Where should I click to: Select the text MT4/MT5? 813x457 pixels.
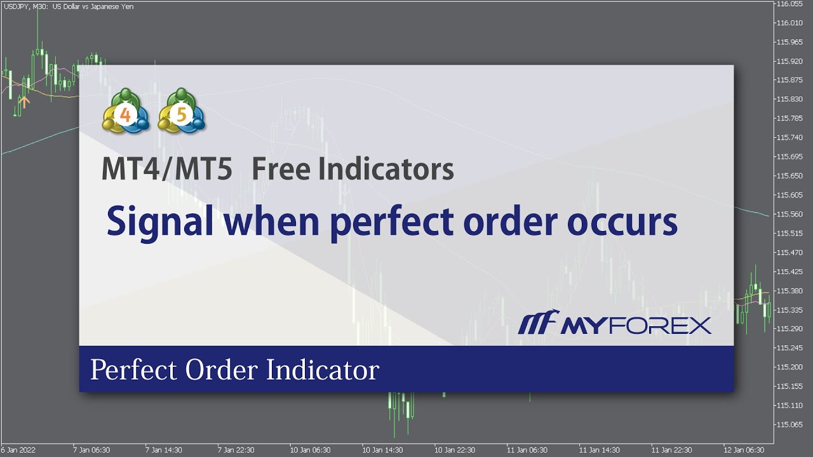pos(167,169)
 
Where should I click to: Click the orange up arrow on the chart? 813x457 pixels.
pos(24,100)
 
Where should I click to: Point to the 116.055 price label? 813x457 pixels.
pos(789,4)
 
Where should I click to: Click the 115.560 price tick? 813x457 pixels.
pos(789,214)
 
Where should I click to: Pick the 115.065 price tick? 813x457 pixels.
pos(789,424)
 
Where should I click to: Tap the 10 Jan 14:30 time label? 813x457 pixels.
pos(382,449)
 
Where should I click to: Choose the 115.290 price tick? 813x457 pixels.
pos(789,329)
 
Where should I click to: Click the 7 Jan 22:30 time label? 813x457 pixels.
pos(237,449)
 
